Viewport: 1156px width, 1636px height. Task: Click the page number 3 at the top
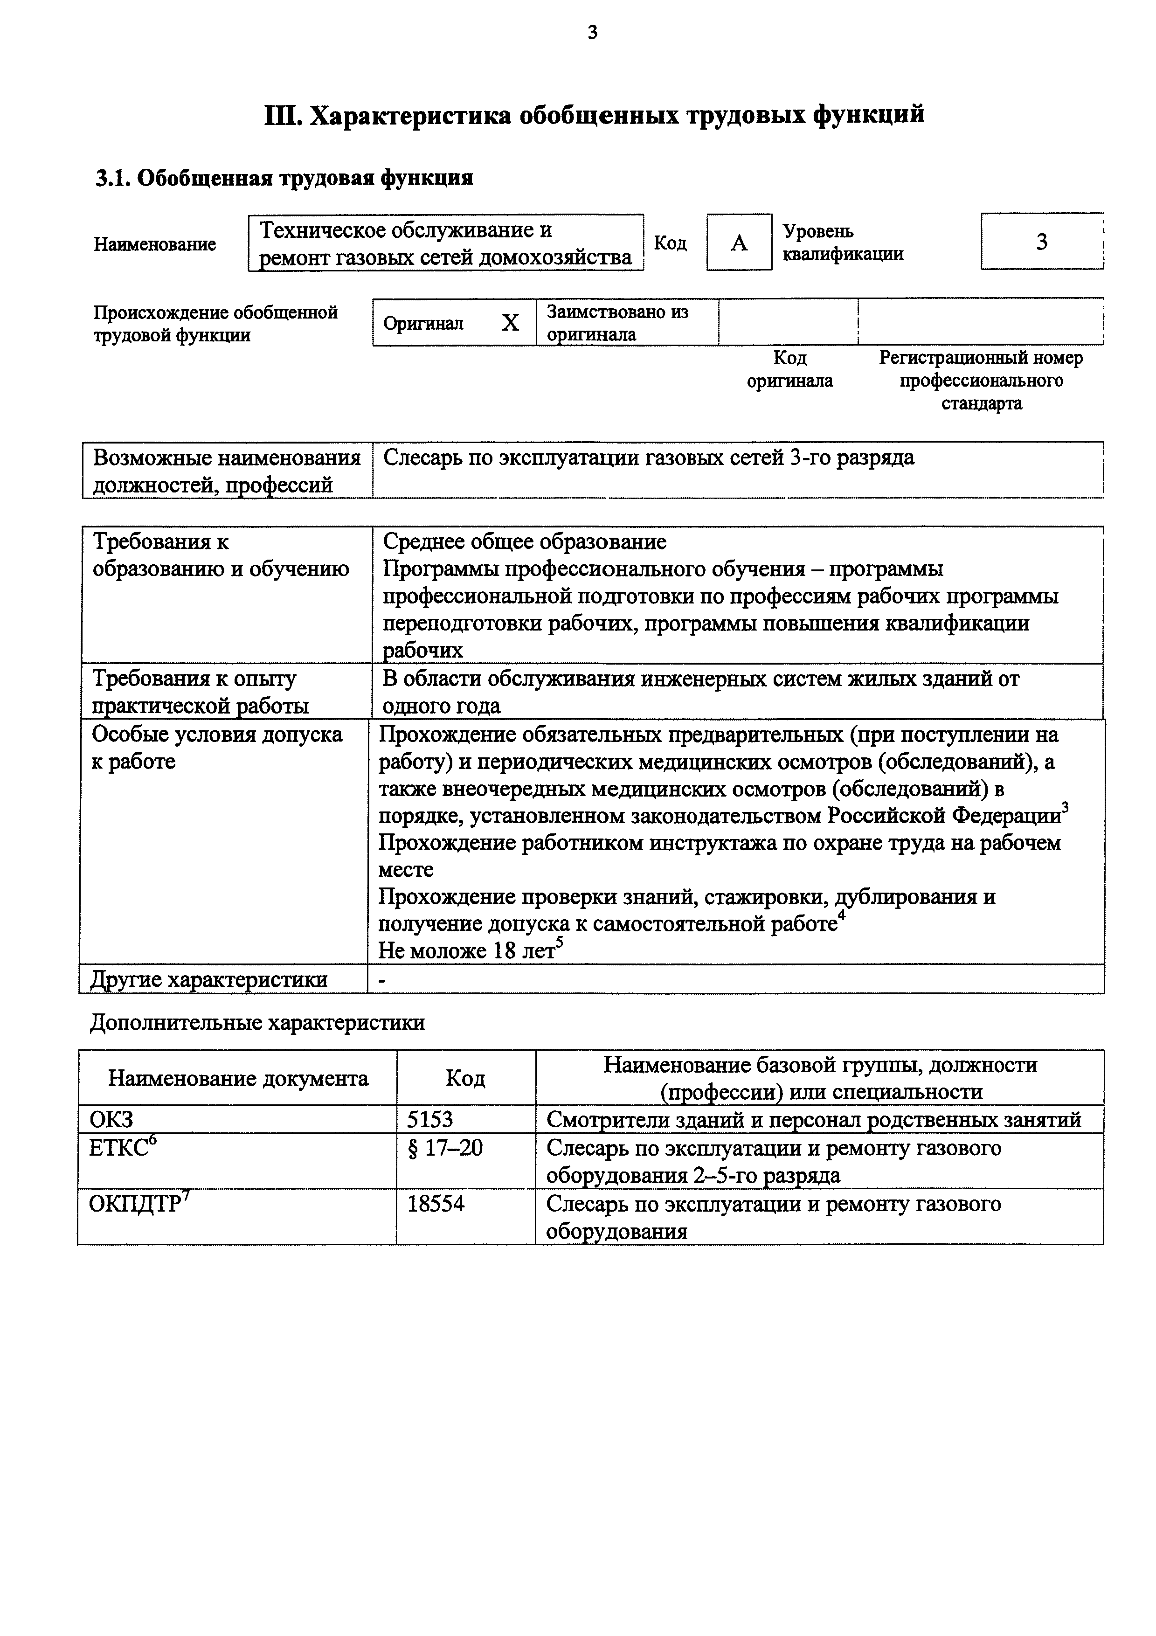click(593, 32)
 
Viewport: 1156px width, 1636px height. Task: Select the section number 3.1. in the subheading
click(112, 177)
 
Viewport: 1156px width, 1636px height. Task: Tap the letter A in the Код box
click(739, 243)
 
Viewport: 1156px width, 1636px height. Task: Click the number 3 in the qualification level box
click(1041, 242)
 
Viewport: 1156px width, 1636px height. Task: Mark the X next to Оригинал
click(510, 324)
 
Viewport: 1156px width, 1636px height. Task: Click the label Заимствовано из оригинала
click(617, 323)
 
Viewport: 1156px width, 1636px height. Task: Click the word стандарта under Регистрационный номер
click(981, 403)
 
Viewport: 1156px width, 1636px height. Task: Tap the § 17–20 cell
click(444, 1148)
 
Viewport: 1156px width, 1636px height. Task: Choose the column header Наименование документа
click(238, 1078)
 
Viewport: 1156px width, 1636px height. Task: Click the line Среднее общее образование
click(524, 541)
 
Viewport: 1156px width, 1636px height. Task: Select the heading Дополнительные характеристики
click(257, 1022)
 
